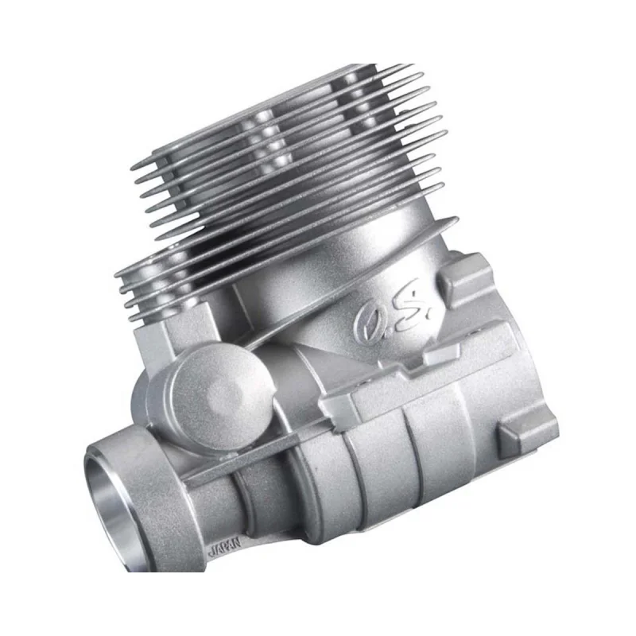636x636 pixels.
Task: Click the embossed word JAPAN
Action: (x=224, y=545)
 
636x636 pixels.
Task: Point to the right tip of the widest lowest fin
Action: (x=457, y=219)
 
